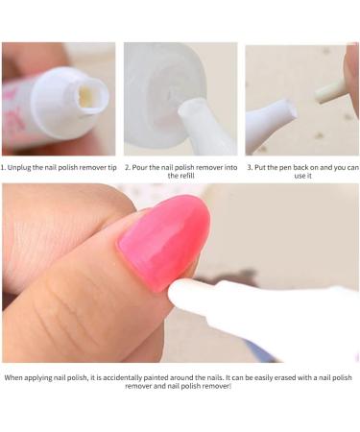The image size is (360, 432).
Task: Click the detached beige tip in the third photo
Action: (x=330, y=90)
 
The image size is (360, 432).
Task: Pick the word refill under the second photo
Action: (x=180, y=176)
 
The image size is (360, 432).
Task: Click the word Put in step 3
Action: (x=261, y=166)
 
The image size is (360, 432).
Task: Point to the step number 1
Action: (x=4, y=166)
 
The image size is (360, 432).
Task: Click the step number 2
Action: (x=127, y=166)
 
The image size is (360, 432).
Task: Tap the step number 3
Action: (x=249, y=166)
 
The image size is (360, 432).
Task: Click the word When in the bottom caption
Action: (x=14, y=377)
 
